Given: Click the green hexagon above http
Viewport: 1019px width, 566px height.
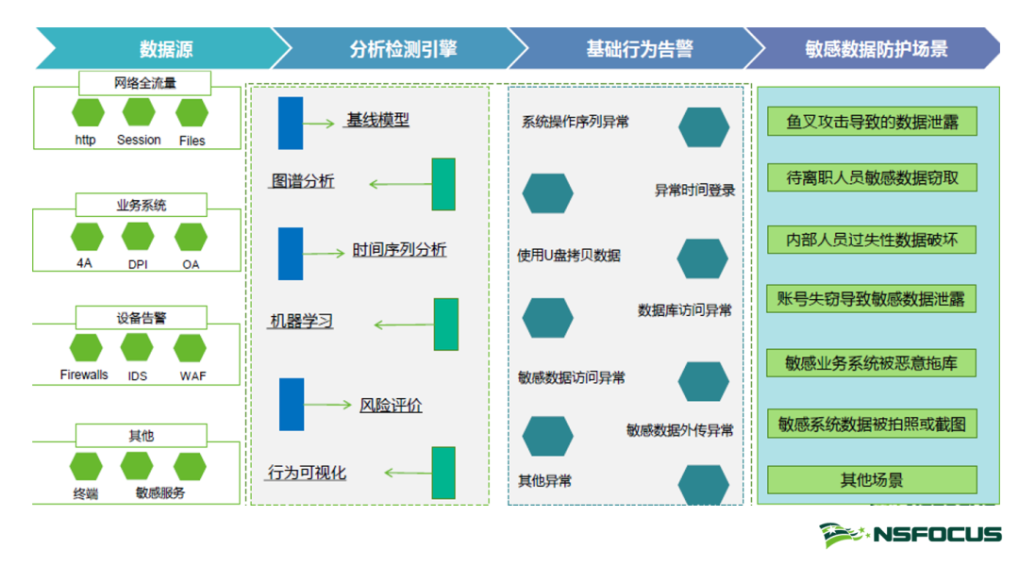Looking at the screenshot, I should pos(87,112).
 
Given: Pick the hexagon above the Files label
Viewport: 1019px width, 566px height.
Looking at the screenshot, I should pos(192,112).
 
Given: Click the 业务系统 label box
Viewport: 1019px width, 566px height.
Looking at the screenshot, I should pos(142,205).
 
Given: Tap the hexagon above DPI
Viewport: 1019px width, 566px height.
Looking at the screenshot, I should pos(139,236).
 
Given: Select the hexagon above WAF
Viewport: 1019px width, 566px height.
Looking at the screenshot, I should pos(191,347).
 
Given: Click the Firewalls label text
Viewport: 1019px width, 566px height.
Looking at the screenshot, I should pos(84,375).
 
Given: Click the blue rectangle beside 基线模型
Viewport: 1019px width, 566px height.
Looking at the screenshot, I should pos(291,123).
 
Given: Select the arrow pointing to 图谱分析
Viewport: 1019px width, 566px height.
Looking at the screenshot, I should pos(396,183).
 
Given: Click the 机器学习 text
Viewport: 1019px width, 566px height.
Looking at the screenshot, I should pos(302,323).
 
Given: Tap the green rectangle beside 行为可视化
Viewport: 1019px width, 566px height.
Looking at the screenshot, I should pos(443,473).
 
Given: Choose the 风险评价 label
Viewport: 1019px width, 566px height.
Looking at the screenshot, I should pos(391,406).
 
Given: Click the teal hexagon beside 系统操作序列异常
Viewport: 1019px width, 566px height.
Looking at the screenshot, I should pos(704,127).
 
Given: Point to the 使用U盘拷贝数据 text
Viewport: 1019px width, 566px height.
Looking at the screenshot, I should pos(569,256).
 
